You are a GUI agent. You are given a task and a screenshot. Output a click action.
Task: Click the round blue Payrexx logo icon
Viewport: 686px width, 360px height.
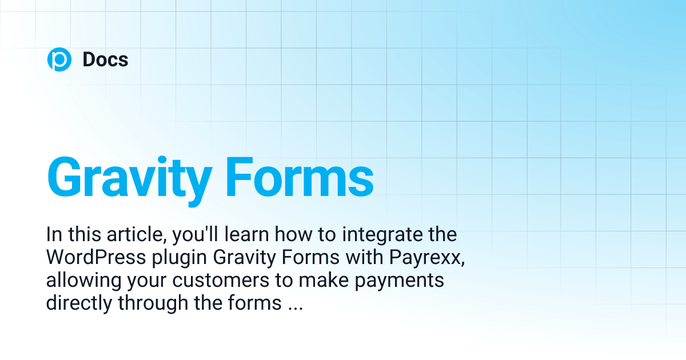(59, 59)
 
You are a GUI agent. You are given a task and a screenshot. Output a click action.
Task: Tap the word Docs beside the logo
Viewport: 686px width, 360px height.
(105, 59)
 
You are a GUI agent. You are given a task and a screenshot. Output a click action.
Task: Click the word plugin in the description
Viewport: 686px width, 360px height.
(182, 258)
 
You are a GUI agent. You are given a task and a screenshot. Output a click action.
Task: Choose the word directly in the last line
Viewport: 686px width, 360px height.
(79, 303)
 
